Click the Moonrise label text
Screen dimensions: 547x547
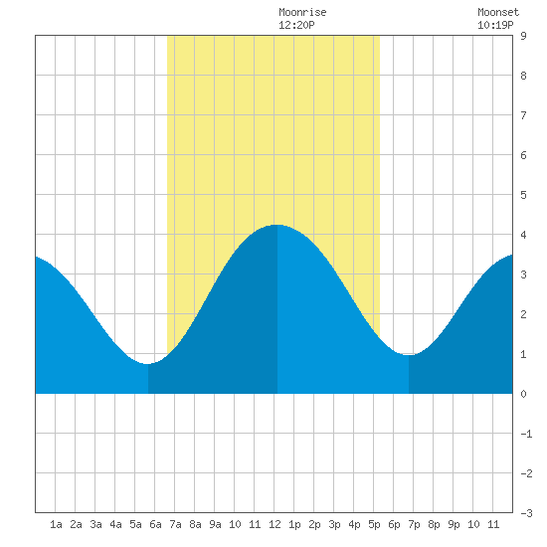pyautogui.click(x=302, y=12)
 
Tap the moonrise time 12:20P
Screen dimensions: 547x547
pyautogui.click(x=296, y=25)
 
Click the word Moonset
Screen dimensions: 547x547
pyautogui.click(x=498, y=12)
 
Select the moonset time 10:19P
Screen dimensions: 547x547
pyautogui.click(x=495, y=25)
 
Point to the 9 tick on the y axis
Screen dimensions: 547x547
pyautogui.click(x=523, y=36)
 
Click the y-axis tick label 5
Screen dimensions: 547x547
pyautogui.click(x=523, y=195)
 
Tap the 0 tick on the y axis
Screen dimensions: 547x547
pyautogui.click(x=523, y=394)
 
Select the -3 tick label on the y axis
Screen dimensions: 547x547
pyautogui.click(x=526, y=513)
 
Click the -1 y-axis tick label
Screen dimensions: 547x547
pyautogui.click(x=526, y=434)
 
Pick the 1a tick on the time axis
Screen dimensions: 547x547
pyautogui.click(x=56, y=524)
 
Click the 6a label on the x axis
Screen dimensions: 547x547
pyautogui.click(x=155, y=524)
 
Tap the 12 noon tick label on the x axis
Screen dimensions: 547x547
pyautogui.click(x=274, y=524)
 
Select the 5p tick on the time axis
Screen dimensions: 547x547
pyautogui.click(x=374, y=524)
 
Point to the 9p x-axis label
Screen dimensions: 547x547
pyautogui.click(x=454, y=524)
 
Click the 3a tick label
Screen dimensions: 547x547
pyautogui.click(x=95, y=524)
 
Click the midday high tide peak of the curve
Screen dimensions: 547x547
pyautogui.click(x=277, y=225)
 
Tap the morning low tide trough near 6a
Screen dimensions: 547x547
pyautogui.click(x=147, y=364)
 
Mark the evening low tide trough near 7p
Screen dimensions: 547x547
pyautogui.click(x=409, y=355)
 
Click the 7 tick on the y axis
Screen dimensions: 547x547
pyautogui.click(x=523, y=115)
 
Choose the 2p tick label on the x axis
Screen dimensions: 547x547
pyautogui.click(x=314, y=524)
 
